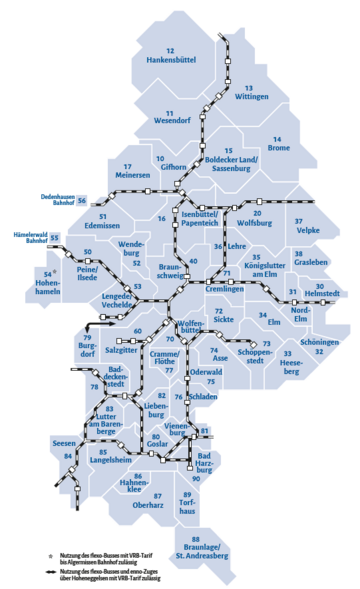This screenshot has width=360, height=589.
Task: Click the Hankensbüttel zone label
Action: click(x=169, y=60)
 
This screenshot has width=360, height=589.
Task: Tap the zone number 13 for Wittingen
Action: click(x=249, y=87)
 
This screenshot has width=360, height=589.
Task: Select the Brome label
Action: click(x=280, y=148)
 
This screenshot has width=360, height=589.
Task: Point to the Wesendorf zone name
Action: click(x=172, y=123)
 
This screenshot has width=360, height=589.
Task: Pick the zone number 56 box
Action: click(x=82, y=201)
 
